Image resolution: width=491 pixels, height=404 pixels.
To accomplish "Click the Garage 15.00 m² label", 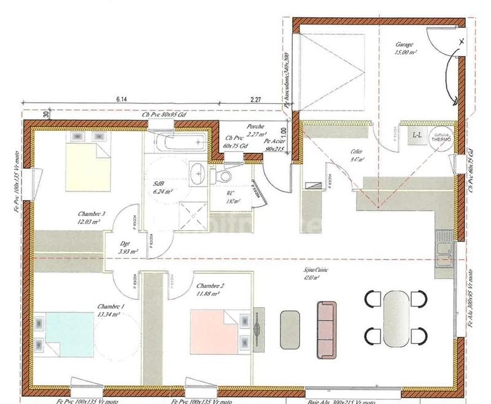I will (406, 49).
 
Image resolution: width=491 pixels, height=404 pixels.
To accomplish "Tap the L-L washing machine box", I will (417, 134).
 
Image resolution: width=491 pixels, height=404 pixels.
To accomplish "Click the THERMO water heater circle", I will (441, 137).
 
